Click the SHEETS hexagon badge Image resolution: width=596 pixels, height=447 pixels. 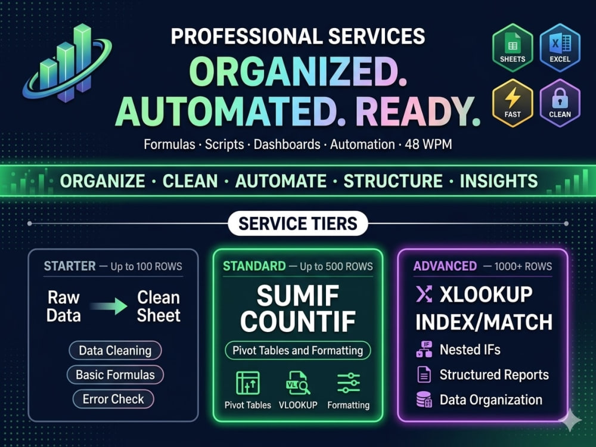click(513, 48)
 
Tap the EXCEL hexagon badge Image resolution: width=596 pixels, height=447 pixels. click(560, 48)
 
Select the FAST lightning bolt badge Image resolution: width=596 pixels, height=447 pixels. click(513, 103)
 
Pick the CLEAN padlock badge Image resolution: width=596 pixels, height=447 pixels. click(560, 103)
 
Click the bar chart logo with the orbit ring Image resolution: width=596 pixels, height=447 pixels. click(67, 63)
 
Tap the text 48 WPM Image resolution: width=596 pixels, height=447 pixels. click(429, 144)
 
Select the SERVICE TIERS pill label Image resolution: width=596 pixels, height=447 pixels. click(298, 223)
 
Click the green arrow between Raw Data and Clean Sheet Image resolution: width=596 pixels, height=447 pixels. click(109, 306)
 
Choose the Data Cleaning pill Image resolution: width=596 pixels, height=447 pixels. click(115, 350)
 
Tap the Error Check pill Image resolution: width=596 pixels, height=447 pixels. click(113, 399)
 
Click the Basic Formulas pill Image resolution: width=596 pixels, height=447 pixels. click(115, 375)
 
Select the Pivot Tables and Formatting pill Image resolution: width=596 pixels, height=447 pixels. click(297, 350)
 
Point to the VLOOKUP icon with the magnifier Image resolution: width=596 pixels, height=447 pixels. click(298, 383)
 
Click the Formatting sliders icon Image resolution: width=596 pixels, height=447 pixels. click(349, 383)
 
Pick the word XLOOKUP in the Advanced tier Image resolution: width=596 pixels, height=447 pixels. click(486, 294)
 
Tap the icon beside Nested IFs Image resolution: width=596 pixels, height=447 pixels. click(424, 349)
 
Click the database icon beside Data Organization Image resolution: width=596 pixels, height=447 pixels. click(424, 400)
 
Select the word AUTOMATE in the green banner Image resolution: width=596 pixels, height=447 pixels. click(281, 181)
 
